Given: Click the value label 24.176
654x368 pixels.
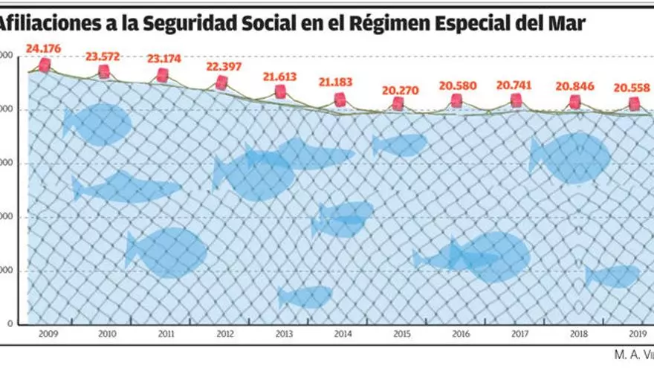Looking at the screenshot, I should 43,49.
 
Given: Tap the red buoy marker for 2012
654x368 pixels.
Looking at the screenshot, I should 221,83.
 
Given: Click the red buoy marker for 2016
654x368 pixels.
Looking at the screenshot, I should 456,100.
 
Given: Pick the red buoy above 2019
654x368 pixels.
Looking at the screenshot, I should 634,103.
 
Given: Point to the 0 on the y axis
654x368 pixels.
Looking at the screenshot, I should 9,324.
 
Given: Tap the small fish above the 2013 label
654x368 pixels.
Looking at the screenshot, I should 305,297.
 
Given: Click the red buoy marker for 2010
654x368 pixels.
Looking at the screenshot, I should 104,71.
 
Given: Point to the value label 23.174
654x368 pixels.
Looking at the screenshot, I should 162,58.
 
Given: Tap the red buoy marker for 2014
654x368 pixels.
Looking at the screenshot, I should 340,99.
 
